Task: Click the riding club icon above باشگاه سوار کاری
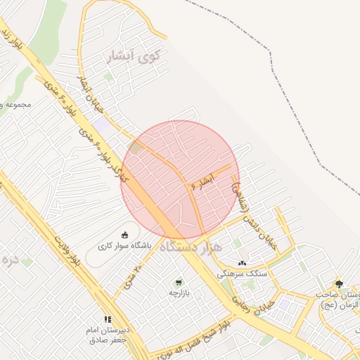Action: [x=125, y=236]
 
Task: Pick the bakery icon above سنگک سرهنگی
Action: [x=242, y=263]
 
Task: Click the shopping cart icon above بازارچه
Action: [x=179, y=281]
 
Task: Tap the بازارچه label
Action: [x=179, y=292]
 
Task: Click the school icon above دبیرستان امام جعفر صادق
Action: [x=107, y=319]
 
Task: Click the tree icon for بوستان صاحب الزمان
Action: [x=340, y=283]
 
